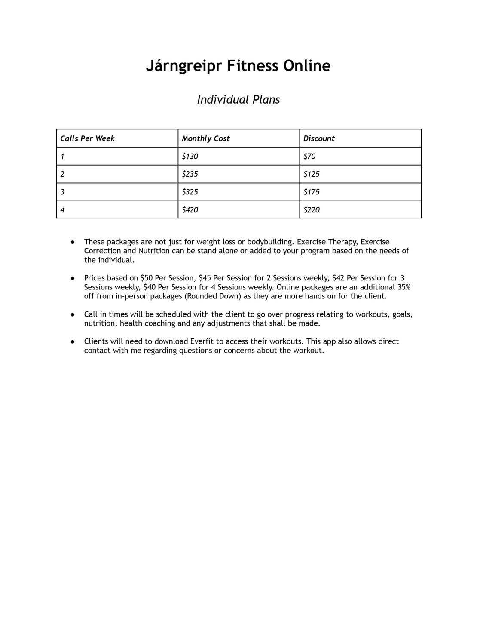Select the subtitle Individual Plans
click(x=238, y=100)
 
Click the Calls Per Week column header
click(x=88, y=138)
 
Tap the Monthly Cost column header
click(x=206, y=138)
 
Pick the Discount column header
click(x=319, y=138)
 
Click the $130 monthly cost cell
click(x=190, y=157)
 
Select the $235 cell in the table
click(x=190, y=174)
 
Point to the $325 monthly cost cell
click(x=190, y=192)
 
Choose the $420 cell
click(x=190, y=210)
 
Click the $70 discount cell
click(x=309, y=157)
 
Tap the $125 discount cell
click(x=312, y=174)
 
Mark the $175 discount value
click(x=312, y=192)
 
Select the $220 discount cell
click(x=312, y=210)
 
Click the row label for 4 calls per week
click(x=63, y=210)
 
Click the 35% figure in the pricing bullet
click(x=403, y=287)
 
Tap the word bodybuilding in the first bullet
click(x=270, y=242)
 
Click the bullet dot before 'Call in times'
click(x=73, y=314)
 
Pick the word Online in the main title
click(x=307, y=66)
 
